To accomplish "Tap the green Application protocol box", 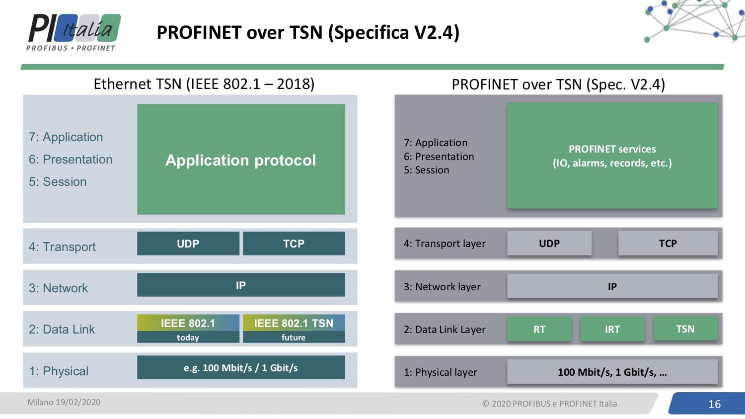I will point(241,160).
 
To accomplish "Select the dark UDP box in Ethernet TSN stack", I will point(188,244).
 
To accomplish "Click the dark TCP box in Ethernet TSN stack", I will point(294,244).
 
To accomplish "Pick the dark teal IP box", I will point(241,285).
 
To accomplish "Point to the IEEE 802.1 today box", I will point(188,329).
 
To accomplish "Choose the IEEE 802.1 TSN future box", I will point(294,329).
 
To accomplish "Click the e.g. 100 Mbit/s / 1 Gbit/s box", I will point(241,367).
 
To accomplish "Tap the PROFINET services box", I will point(612,156).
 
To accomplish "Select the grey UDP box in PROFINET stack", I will point(549,244).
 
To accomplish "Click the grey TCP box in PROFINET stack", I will point(668,244).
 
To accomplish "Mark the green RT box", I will point(539,329).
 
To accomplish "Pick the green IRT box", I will point(612,329).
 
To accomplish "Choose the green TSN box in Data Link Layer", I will point(685,329).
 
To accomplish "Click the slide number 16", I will point(714,404).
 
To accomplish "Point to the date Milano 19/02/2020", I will point(64,402).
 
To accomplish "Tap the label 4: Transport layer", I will point(445,244).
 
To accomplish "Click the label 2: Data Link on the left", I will point(62,329).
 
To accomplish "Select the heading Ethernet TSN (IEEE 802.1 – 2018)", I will point(204,84).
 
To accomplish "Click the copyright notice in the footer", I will point(549,404).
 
